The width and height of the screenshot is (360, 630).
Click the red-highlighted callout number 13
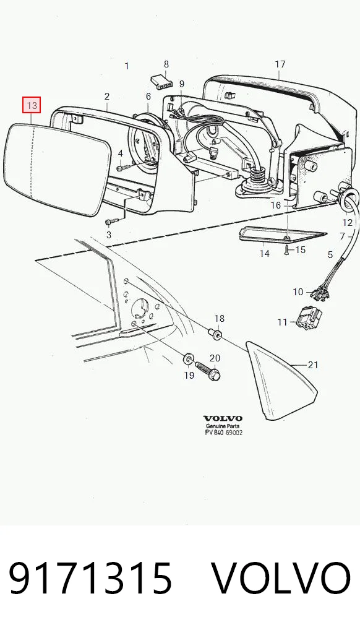tap(32, 106)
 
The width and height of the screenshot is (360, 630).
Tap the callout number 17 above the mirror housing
tap(280, 64)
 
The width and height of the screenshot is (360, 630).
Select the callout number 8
tap(166, 64)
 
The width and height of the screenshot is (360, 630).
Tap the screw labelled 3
tap(113, 221)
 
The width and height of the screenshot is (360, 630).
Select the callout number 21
tap(313, 365)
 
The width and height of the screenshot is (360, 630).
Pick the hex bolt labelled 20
tap(208, 371)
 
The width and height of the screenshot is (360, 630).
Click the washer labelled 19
tap(188, 359)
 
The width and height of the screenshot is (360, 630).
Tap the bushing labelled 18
tap(215, 334)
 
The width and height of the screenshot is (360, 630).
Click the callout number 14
tap(264, 254)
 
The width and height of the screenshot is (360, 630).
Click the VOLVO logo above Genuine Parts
tap(223, 418)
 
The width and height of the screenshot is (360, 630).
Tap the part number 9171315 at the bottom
tap(90, 579)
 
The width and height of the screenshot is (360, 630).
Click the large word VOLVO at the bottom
tap(281, 579)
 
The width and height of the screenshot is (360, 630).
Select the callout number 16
tap(276, 205)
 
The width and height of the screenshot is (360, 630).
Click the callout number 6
tap(148, 97)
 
